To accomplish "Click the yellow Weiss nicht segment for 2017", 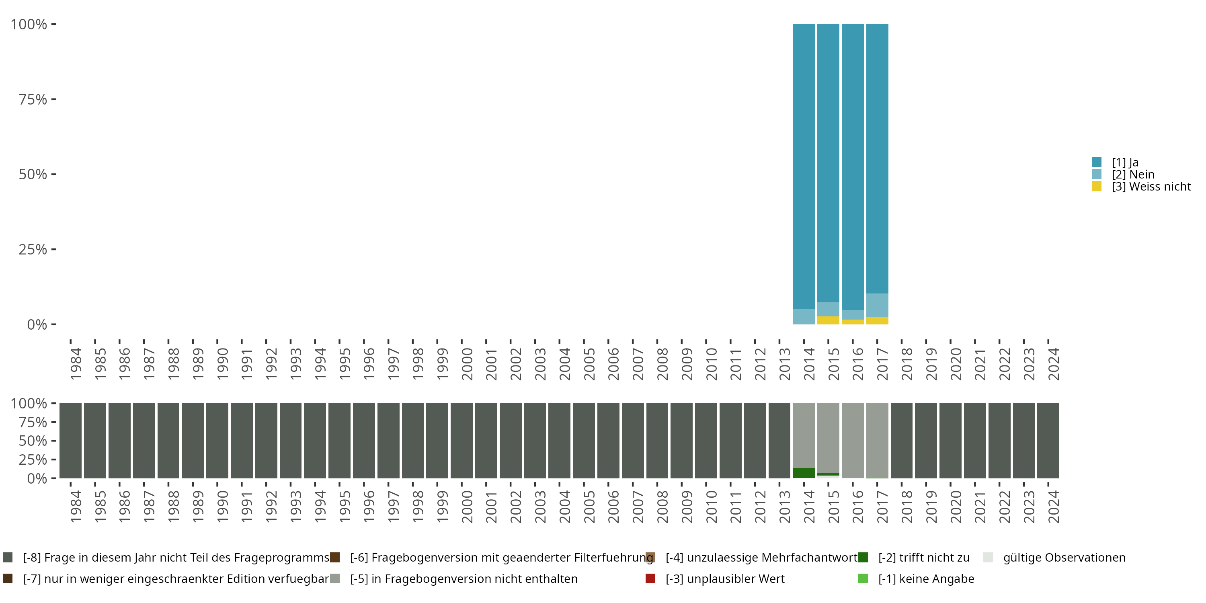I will pos(877,321).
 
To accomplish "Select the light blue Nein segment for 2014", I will pos(803,316).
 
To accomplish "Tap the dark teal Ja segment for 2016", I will pos(853,164).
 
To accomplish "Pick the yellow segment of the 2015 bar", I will pos(828,320).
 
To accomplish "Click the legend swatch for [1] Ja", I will pos(1096,162).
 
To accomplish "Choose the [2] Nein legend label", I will pos(1133,174).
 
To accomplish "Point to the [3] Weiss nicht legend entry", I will pos(1151,187).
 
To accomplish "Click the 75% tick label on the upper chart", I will pos(33,99).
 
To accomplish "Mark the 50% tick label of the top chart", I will pos(33,174).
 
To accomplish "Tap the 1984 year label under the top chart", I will pos(76,364).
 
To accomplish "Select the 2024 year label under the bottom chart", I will pos(1053,507).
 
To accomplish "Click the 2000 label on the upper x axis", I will pos(467,364).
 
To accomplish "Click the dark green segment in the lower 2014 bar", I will pos(803,473).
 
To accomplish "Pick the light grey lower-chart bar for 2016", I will pos(853,440).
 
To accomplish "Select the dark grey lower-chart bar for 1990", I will pos(217,440).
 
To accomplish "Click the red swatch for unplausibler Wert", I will pos(650,578).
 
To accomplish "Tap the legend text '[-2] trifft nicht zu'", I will pos(923,558).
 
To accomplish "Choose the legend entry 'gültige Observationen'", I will pos(1064,558).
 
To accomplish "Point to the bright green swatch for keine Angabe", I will pos(863,578).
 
